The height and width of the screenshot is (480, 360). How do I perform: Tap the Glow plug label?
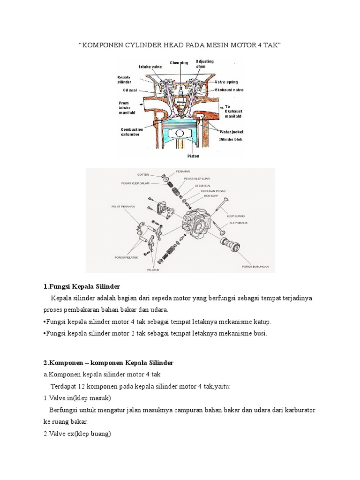pos(178,62)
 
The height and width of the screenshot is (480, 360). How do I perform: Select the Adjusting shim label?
pos(204,64)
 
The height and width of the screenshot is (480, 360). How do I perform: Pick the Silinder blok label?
pos(231,140)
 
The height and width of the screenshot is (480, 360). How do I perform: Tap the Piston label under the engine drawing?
pos(193,156)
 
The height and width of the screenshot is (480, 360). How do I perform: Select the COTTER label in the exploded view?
pos(143,175)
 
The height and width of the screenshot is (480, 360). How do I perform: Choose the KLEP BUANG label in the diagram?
pos(236,216)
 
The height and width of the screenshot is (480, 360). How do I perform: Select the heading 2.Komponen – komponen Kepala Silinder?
pos(108,363)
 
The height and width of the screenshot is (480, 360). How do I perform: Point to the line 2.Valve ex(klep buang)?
pos(77,434)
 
